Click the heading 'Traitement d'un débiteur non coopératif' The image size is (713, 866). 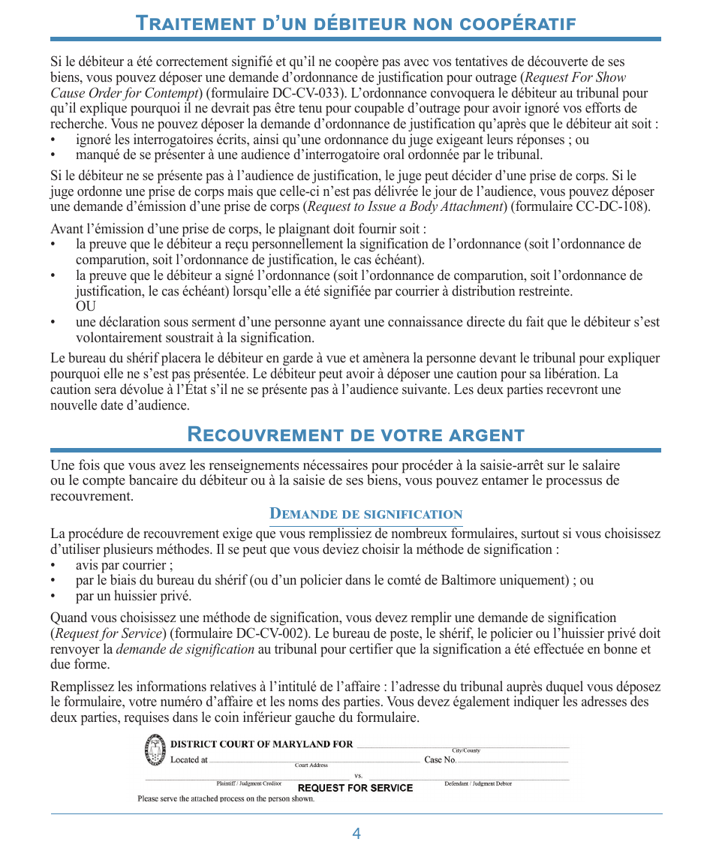[356, 23]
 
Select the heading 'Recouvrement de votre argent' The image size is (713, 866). [356, 435]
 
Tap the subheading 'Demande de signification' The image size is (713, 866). [366, 514]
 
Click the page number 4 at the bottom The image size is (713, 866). [356, 834]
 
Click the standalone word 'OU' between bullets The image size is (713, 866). [86, 307]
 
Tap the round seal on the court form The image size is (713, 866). [156, 750]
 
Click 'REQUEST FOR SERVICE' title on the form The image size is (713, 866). [356, 788]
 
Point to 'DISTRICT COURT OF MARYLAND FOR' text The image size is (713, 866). [262, 744]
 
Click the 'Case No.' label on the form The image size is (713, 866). [440, 759]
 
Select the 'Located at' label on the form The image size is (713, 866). [189, 759]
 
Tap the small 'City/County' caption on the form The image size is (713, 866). [465, 750]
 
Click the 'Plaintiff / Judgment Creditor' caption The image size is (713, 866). [249, 783]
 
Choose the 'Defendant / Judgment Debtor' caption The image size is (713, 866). [478, 783]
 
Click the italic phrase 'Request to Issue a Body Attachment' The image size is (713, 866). [405, 207]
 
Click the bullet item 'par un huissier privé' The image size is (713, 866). [134, 597]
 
